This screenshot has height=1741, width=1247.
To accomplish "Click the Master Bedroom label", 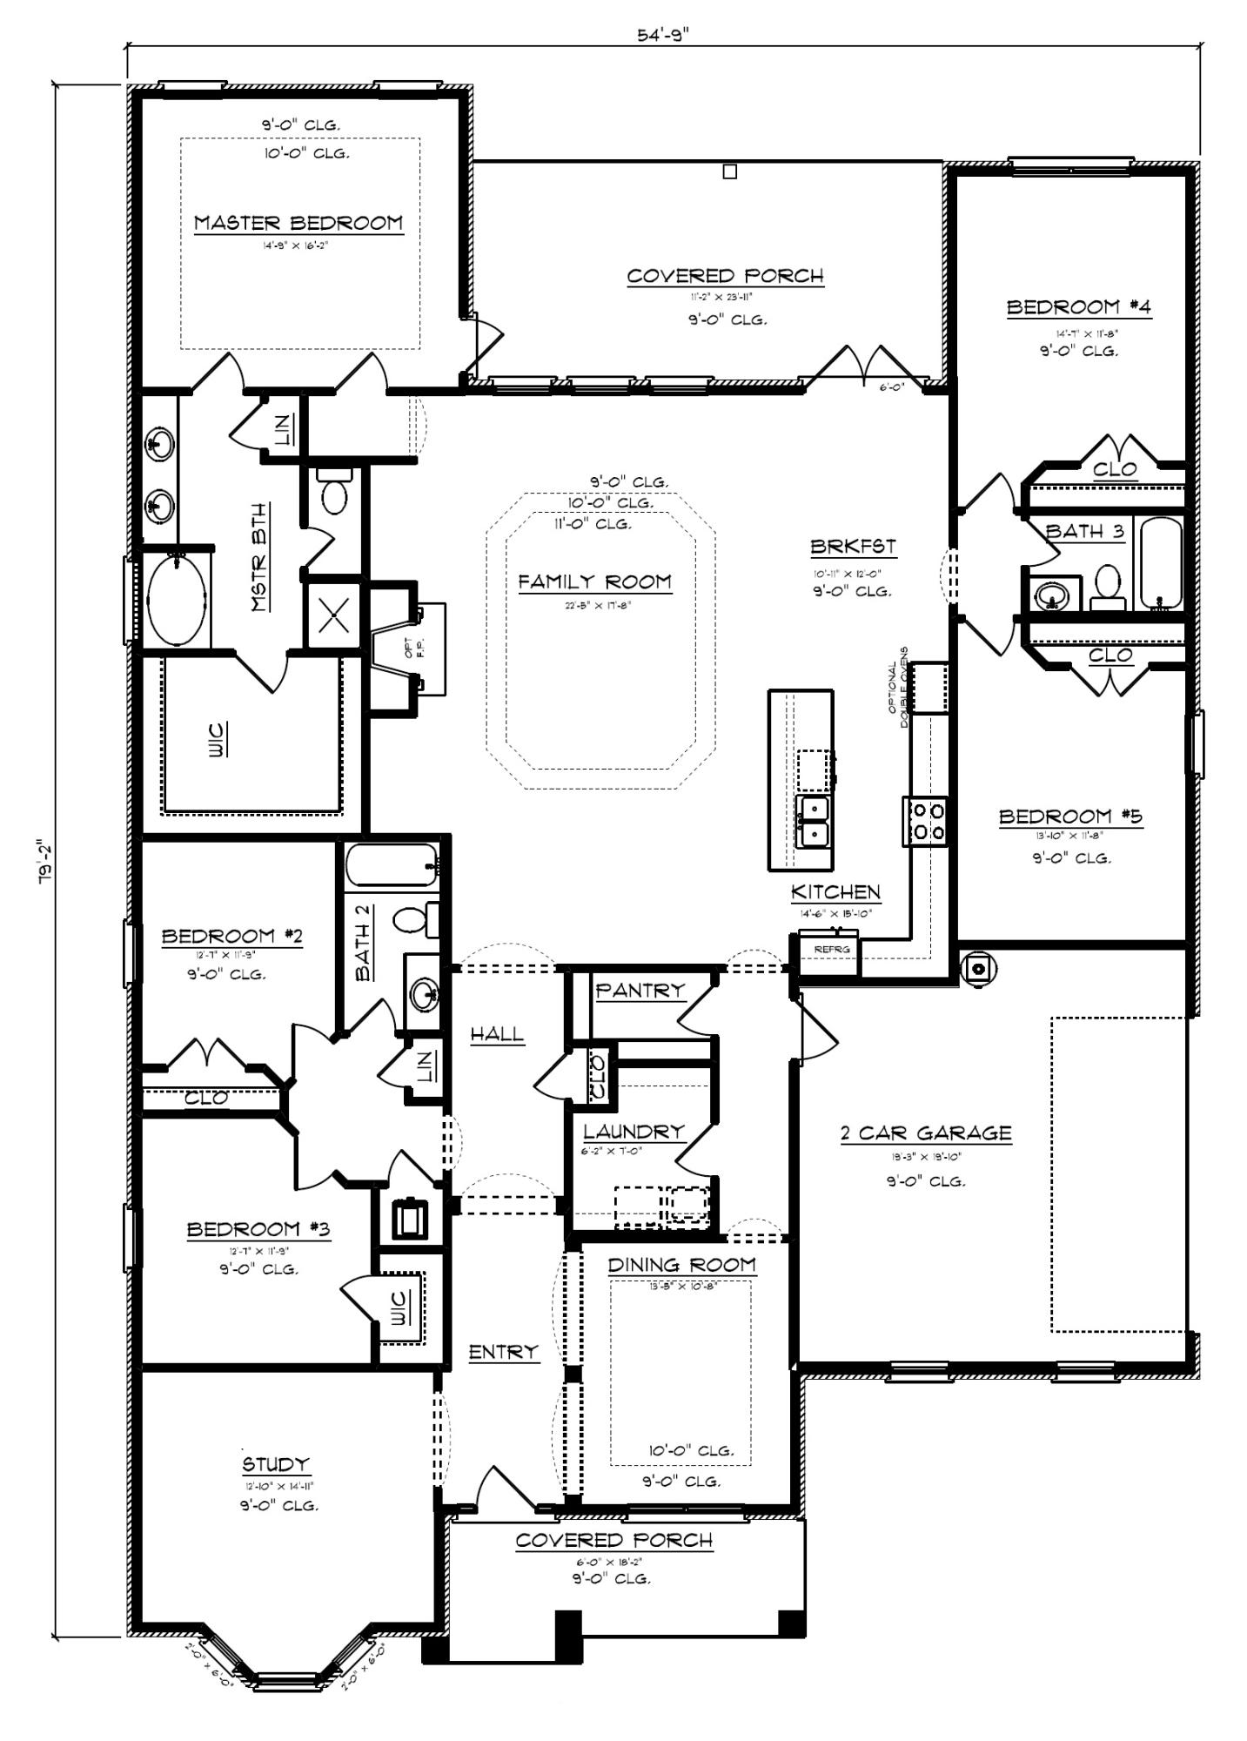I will click(298, 223).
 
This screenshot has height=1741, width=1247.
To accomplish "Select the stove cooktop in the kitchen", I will click(927, 821).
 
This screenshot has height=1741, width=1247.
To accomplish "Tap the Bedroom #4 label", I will click(1078, 306).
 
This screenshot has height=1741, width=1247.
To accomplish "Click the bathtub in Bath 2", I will click(391, 866).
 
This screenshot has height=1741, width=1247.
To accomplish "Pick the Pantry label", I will click(640, 990).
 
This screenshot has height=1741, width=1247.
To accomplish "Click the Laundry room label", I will click(634, 1132).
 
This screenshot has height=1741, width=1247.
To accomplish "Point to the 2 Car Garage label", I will click(925, 1133).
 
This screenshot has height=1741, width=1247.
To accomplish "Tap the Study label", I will click(275, 1463).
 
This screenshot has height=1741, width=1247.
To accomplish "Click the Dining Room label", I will click(681, 1264).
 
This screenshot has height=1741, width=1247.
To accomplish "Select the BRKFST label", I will click(853, 547).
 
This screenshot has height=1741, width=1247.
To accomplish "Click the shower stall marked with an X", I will click(335, 615).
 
